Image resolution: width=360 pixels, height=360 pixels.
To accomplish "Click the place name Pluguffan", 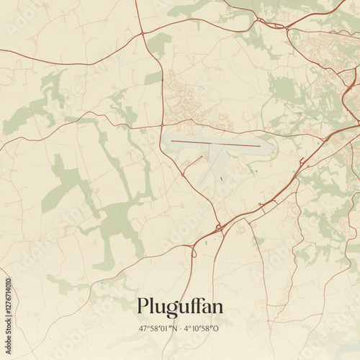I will pos(180,307).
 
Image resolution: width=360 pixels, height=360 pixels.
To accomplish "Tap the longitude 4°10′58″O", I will pos(201,329).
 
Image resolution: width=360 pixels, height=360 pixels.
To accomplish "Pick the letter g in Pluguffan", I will pos(170,309).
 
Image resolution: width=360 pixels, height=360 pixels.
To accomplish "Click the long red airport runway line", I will pos(216,144).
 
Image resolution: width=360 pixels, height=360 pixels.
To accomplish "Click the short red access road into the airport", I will pos(192,165).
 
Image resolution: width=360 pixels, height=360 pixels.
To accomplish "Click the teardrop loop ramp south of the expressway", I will pos(193,252).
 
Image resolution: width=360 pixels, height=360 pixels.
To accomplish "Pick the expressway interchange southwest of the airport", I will pos(217,230).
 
